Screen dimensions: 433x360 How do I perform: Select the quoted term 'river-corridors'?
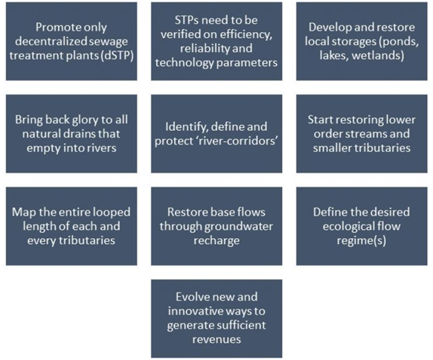(237, 141)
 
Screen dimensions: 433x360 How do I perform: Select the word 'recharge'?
(216, 241)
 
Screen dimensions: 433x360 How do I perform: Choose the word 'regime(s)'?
(362, 241)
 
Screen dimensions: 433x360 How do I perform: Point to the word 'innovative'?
(194, 312)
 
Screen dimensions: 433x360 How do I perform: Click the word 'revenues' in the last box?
(216, 340)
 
